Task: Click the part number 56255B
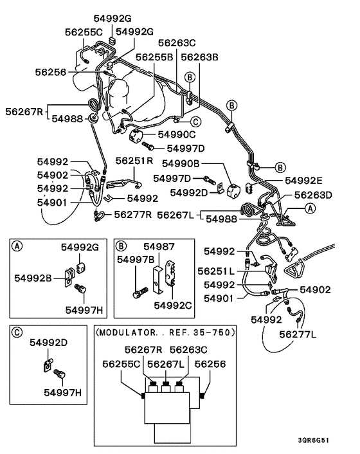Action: (154, 57)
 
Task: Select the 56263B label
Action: (200, 57)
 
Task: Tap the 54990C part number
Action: (177, 134)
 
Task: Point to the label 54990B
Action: (181, 163)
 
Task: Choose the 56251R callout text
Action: (134, 161)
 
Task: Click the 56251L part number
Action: (216, 271)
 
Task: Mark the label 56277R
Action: (133, 215)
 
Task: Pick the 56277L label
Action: (298, 334)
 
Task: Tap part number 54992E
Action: (303, 181)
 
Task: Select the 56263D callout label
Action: (313, 195)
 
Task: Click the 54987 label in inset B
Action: (159, 247)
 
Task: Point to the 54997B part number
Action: (136, 260)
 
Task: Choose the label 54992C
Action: (173, 305)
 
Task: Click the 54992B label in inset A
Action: (33, 278)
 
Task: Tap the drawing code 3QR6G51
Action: (314, 440)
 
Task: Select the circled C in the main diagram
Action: (196, 122)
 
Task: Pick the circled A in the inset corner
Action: (17, 246)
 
